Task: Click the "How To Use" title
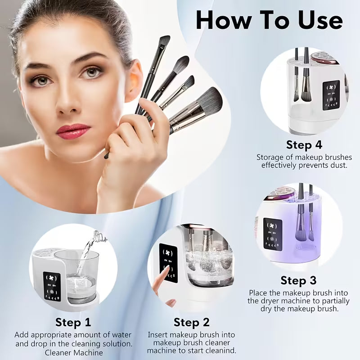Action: (269, 20)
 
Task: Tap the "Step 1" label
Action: (73, 322)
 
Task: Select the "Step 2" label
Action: (192, 322)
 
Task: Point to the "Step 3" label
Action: (298, 280)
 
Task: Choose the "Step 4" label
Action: (304, 145)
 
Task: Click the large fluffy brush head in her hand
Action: (208, 101)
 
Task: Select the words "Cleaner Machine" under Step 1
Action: (73, 352)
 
